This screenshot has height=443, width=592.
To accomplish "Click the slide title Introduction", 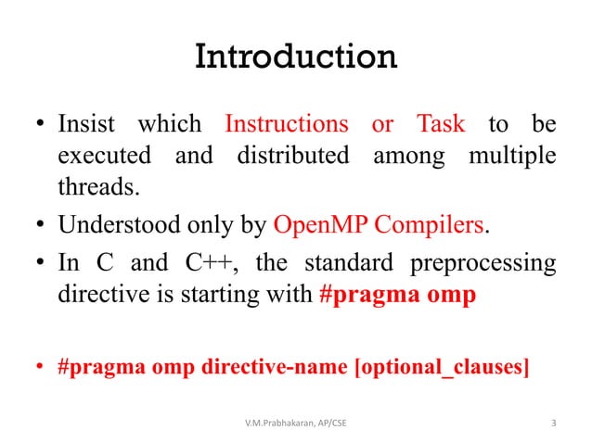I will pyautogui.click(x=296, y=58).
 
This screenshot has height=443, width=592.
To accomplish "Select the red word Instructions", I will pyautogui.click(x=287, y=124).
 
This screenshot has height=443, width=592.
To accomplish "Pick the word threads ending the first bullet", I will pyautogui.click(x=97, y=188).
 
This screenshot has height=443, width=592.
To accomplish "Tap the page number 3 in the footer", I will pyautogui.click(x=554, y=424).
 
